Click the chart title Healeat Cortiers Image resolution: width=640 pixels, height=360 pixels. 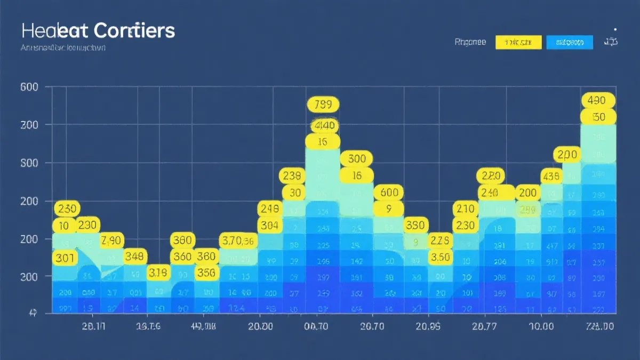pos(98,30)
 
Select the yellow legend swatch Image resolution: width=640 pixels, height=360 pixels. pos(518,42)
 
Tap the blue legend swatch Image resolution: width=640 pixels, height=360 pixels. pos(570,42)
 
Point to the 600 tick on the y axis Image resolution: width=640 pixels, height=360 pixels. pos(29,87)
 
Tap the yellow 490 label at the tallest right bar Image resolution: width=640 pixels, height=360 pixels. pos(598,100)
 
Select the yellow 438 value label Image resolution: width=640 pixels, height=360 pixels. pos(550,175)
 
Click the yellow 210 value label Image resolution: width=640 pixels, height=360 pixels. pos(466,209)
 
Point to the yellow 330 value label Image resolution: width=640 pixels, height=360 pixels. pos(415,225)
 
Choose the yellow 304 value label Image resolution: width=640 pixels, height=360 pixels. pos(270,226)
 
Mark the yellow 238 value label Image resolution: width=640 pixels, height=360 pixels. pos(292,175)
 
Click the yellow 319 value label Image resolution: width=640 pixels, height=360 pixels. pos(158,274)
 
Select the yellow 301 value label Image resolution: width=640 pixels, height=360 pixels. pos(64,258)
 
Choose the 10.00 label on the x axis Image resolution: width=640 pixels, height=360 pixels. pos(540,326)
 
